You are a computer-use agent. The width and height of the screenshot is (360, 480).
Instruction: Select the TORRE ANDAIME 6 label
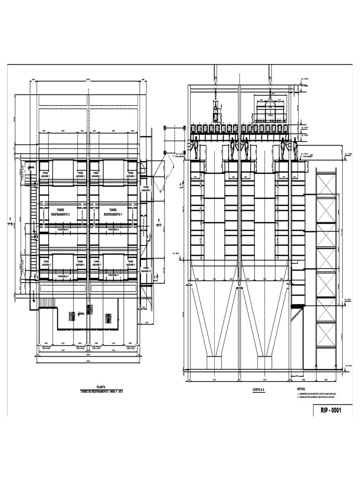click(x=132, y=175)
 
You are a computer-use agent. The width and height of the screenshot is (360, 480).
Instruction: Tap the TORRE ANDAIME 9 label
click(x=147, y=189)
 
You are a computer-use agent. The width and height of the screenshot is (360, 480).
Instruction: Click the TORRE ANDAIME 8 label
click(x=132, y=263)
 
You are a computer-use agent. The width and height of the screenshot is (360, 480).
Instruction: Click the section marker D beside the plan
click(x=158, y=222)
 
